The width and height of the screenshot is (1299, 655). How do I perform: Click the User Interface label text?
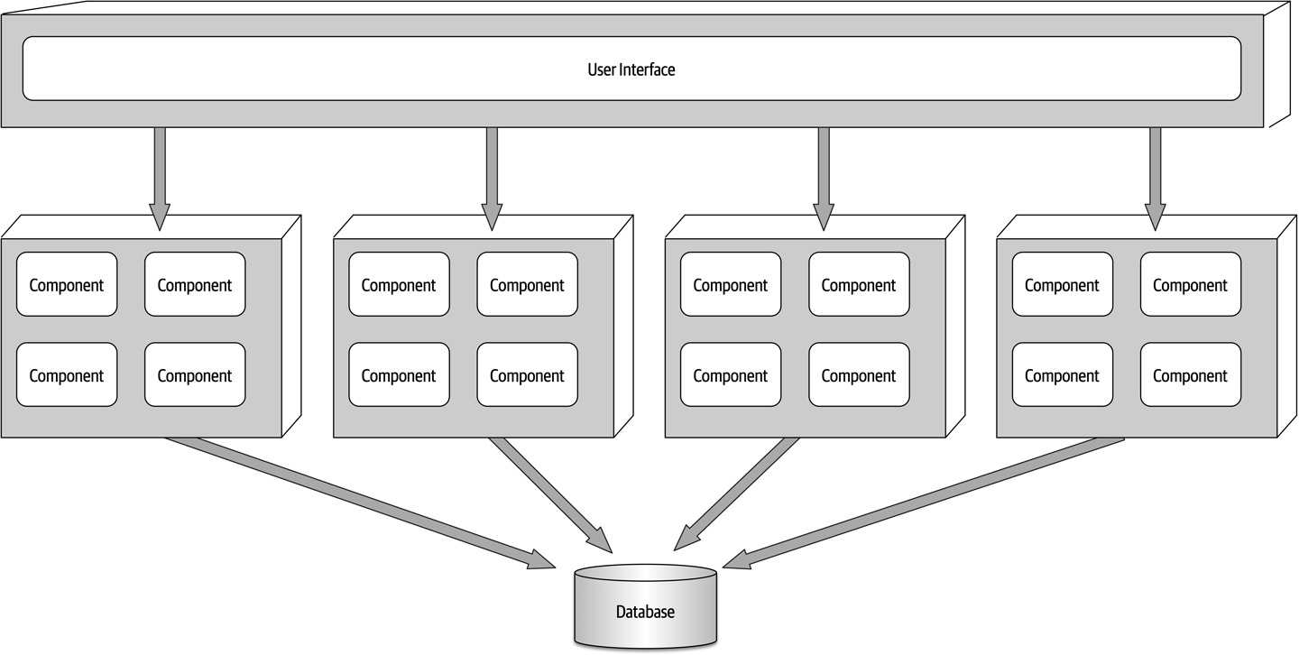(x=631, y=69)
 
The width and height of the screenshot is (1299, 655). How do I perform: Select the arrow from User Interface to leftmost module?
(x=160, y=176)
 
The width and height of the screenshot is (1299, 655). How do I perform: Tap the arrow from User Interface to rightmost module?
(x=1155, y=176)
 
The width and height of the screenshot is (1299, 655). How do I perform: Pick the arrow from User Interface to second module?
(x=492, y=176)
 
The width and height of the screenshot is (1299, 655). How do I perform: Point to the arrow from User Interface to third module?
(x=823, y=176)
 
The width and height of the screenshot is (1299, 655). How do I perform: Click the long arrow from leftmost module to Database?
(x=361, y=503)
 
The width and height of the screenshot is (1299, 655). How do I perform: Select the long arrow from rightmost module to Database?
(x=920, y=503)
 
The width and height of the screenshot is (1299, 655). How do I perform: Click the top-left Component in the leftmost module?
(x=67, y=284)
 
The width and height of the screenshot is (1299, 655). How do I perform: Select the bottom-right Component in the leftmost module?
(x=195, y=374)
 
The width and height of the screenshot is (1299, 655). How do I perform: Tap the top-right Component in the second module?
(x=527, y=284)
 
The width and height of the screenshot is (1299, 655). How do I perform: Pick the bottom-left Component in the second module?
(x=399, y=374)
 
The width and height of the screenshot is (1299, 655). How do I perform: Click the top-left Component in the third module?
(x=731, y=284)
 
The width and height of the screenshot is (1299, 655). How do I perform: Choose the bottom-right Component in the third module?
(x=859, y=374)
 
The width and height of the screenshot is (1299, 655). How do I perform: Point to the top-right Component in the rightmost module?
(x=1190, y=284)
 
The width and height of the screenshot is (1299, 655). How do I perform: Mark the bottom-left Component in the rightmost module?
(x=1062, y=374)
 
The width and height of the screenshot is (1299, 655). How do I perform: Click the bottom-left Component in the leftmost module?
(x=67, y=374)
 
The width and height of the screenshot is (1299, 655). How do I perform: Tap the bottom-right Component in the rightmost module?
(x=1190, y=374)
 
